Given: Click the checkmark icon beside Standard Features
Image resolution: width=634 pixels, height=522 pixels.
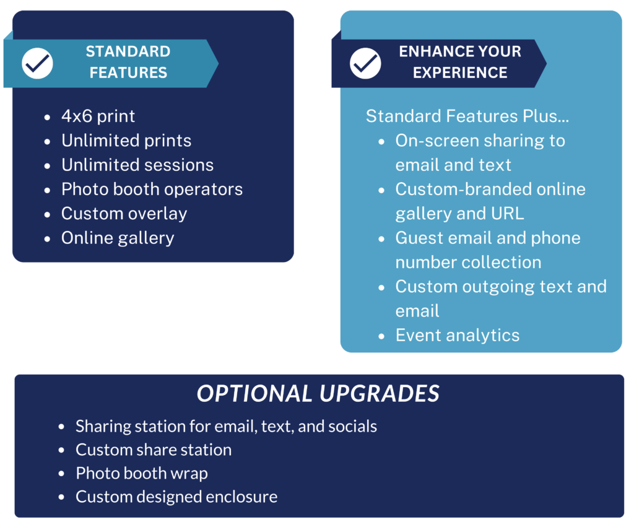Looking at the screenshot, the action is [x=37, y=64].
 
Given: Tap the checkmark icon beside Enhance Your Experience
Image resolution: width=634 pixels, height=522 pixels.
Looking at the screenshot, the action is [x=365, y=64].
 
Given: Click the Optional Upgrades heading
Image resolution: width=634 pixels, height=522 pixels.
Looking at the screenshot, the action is [x=318, y=393].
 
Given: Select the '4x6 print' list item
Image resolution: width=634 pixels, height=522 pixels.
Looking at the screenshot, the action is [x=98, y=116].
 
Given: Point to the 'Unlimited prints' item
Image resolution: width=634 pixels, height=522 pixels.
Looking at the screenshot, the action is [x=126, y=141].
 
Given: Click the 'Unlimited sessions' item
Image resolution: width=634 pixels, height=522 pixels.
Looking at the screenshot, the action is [x=137, y=165].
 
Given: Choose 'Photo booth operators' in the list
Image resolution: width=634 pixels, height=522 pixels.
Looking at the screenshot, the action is [x=152, y=189].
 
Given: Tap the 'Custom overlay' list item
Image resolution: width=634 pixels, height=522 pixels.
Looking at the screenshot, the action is [x=124, y=214].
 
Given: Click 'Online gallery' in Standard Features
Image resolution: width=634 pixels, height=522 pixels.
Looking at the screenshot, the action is [x=118, y=238].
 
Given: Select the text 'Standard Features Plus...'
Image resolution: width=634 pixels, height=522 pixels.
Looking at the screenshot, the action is [x=467, y=116].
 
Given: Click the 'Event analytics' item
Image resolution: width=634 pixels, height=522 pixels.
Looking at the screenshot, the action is [x=458, y=336].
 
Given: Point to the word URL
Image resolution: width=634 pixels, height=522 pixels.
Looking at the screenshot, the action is [x=508, y=214].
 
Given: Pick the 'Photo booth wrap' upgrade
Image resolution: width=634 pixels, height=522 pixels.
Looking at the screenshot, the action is [x=142, y=474].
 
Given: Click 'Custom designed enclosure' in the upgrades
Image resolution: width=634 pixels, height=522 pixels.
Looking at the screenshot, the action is [x=176, y=497].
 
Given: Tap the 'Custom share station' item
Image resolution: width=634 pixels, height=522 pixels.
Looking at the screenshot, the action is [x=154, y=450].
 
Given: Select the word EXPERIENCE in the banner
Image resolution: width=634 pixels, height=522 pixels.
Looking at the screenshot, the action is [x=460, y=73].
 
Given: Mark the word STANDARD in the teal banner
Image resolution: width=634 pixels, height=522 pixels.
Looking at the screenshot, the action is [x=128, y=52].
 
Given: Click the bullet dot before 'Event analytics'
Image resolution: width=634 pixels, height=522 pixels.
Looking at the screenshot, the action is [x=381, y=336].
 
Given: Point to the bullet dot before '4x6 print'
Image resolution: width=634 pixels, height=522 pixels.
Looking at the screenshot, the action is [x=47, y=118].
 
